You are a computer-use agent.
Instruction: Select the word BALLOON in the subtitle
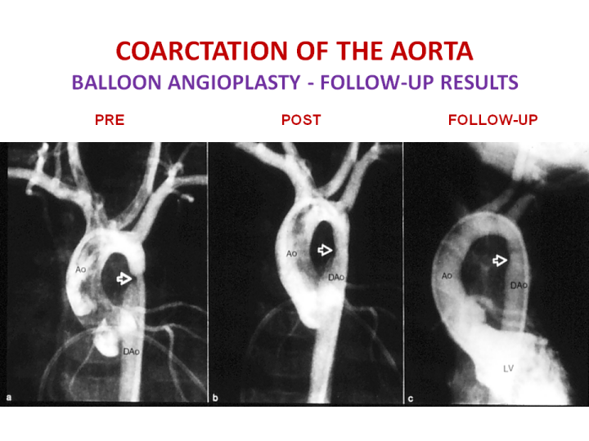[116, 82]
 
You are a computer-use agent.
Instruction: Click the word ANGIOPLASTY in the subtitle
[234, 82]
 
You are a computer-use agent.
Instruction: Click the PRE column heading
[110, 120]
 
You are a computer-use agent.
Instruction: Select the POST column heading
[301, 120]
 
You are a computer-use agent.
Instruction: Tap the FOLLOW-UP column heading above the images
[492, 120]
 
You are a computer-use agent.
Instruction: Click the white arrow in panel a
[124, 278]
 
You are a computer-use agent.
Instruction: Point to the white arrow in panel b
[325, 250]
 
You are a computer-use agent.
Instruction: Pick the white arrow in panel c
[500, 260]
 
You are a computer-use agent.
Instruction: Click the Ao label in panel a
[81, 269]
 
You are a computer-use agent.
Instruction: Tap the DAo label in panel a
[132, 352]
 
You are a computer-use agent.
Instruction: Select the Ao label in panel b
[291, 254]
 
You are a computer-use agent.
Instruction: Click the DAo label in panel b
[336, 278]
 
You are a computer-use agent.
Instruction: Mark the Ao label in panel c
[447, 276]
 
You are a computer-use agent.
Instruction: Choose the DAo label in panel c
[519, 286]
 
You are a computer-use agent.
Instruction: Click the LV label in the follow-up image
[508, 369]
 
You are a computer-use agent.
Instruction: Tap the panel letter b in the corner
[215, 398]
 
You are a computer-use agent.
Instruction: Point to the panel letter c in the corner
[411, 399]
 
